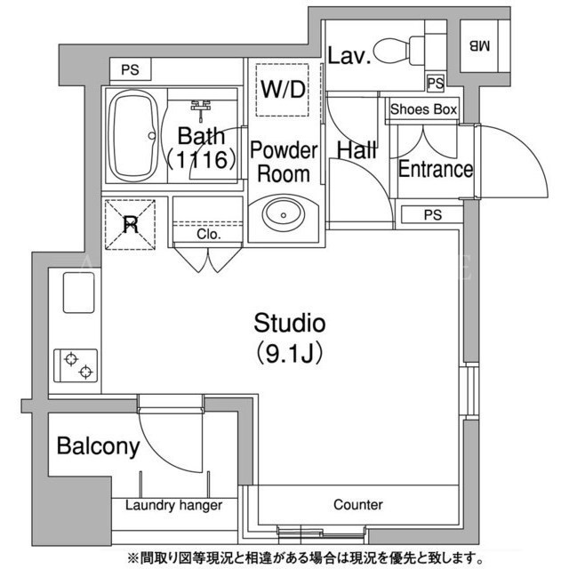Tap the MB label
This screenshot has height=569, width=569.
click(x=479, y=46)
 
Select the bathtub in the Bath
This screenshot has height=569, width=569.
click(x=132, y=136)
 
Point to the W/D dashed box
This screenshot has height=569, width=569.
click(x=283, y=90)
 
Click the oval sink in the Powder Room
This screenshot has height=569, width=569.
click(x=283, y=214)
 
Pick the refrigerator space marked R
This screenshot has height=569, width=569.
click(x=131, y=225)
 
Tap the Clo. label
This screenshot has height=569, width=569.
click(x=209, y=235)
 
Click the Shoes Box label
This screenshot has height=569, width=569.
click(x=423, y=109)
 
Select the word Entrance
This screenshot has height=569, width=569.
click(x=436, y=170)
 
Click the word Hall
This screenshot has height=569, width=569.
click(x=357, y=150)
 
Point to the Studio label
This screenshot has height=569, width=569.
click(x=289, y=323)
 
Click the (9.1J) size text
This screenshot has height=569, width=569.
click(x=289, y=354)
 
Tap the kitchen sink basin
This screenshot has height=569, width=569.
click(x=79, y=293)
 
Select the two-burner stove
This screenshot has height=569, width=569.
click(x=76, y=365)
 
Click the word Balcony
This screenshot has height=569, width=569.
click(x=98, y=446)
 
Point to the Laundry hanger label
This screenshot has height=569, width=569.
click(x=173, y=506)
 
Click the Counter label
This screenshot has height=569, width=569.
click(x=357, y=504)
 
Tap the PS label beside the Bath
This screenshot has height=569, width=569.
click(x=130, y=69)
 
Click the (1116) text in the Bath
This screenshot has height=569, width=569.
click(x=202, y=159)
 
